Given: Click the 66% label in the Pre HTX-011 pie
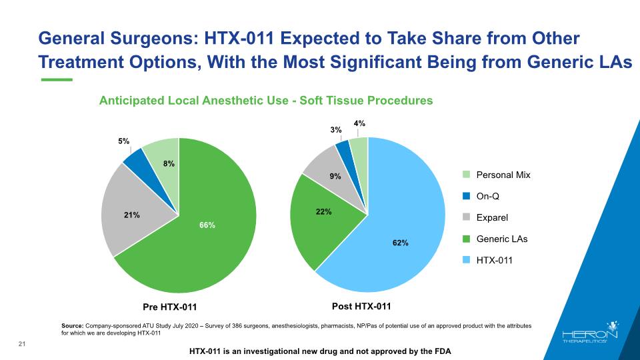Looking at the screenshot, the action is pos(207,225).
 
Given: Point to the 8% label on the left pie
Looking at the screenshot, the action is pos(169,164).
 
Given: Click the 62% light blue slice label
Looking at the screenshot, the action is pos(401,243).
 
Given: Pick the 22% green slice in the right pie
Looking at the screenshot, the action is pos(323,221).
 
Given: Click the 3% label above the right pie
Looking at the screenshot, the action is pos(336,130).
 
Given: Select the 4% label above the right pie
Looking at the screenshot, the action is pos(359,123).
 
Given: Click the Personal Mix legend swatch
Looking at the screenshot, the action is pos(467,175).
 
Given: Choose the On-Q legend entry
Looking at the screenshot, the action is pos(481,196).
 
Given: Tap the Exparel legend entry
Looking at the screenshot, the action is pos(485,217).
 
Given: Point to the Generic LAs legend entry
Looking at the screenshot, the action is pos(495,239).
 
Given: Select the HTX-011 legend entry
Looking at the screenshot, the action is pos(488,260).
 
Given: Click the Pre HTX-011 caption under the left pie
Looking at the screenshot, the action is pos(170,307).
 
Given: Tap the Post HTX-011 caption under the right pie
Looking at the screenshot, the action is pos(361,306).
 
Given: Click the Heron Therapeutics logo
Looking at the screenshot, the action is pos(590,332).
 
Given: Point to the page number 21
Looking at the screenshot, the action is pos(22,344).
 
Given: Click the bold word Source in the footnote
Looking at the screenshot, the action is pos(73,326).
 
